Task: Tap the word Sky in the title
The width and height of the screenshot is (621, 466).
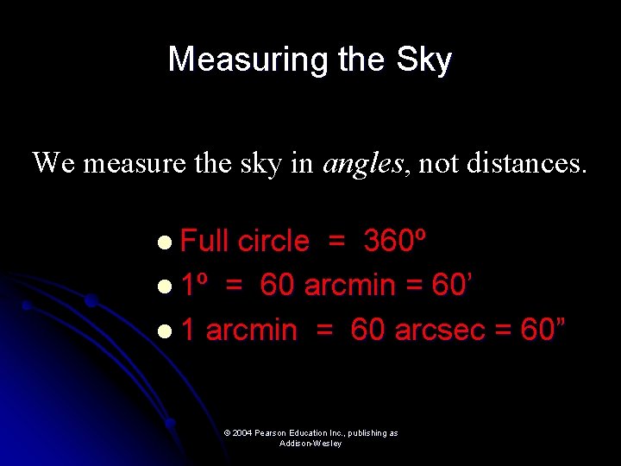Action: pos(423,60)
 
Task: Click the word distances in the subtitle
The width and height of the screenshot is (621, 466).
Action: pos(525,162)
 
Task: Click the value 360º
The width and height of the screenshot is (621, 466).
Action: pos(394,241)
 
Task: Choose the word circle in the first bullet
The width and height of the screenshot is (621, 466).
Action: pos(273,241)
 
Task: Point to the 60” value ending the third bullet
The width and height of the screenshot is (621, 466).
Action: pos(543,329)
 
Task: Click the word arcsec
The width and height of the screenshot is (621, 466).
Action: pos(440,329)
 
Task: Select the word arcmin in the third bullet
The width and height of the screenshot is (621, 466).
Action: pos(252,329)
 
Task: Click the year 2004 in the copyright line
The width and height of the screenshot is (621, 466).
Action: pos(241,433)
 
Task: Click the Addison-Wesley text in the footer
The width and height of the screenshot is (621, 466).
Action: pos(310,444)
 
